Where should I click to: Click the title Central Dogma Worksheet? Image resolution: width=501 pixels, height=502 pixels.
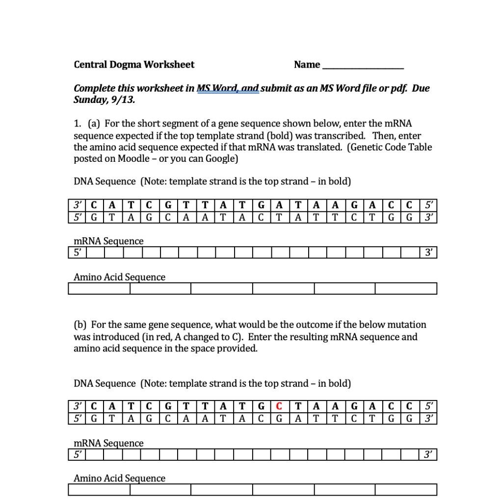coord(134,65)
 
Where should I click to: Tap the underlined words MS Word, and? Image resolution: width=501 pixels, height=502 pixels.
coord(228,89)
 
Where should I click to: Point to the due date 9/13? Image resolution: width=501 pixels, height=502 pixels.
coord(124,100)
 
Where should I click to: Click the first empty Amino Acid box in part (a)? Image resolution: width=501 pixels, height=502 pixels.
coord(99,288)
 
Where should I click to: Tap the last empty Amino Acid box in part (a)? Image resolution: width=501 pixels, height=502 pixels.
coord(406,288)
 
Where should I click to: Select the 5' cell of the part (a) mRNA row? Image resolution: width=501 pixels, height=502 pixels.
coord(77,253)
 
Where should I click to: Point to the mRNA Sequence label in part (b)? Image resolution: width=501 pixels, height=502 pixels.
coord(108,443)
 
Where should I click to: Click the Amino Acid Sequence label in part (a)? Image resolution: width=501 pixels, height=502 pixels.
coord(119,277)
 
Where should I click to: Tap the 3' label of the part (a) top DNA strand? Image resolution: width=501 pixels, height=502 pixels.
coord(77,204)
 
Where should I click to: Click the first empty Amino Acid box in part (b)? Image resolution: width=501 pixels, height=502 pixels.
coord(99,490)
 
